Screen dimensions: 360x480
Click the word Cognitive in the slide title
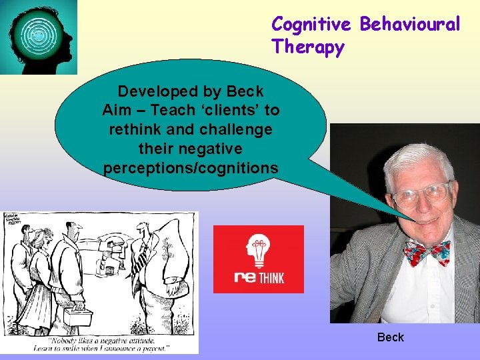coord(311,25)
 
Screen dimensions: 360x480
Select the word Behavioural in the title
coord(410,25)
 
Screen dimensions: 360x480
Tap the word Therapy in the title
coord(308,48)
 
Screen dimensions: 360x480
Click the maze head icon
coord(39,37)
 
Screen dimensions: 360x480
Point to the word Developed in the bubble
coord(154,91)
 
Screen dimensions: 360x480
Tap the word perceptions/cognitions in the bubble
coord(191,168)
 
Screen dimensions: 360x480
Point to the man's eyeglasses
coord(421,194)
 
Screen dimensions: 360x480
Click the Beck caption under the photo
coord(390,337)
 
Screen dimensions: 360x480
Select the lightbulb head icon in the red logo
coord(258,251)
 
